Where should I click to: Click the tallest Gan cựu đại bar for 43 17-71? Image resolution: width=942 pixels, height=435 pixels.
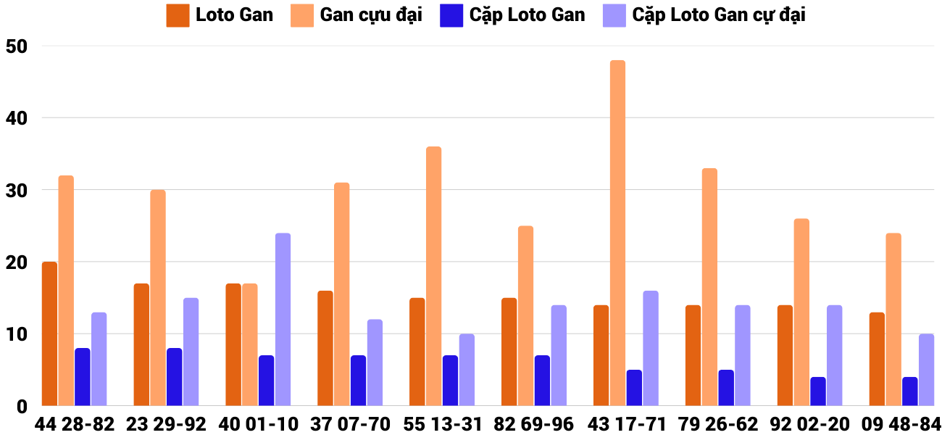(617, 233)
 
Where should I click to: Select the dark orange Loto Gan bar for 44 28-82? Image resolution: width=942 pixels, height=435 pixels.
(49, 333)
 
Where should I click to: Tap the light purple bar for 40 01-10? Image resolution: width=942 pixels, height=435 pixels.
(283, 319)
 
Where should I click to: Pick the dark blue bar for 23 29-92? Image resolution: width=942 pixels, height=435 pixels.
(174, 377)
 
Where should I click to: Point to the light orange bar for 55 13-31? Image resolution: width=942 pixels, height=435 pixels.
(433, 275)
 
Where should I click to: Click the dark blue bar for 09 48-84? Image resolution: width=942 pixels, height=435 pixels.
(910, 391)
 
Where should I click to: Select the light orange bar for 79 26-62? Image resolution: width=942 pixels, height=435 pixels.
(709, 287)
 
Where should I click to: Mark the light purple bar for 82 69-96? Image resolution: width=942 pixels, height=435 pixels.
(559, 355)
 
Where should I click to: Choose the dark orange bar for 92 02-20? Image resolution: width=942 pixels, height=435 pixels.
(785, 355)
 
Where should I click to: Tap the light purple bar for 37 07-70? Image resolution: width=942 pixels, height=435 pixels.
(375, 362)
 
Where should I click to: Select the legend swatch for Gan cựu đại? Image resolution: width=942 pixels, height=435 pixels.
(302, 15)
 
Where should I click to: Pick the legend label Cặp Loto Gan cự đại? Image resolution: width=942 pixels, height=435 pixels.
(718, 14)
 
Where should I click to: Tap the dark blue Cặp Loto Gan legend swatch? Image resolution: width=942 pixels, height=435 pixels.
(451, 15)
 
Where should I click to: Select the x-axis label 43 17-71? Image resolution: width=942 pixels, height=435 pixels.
(626, 424)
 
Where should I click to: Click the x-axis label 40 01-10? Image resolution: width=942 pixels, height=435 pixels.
(258, 424)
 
